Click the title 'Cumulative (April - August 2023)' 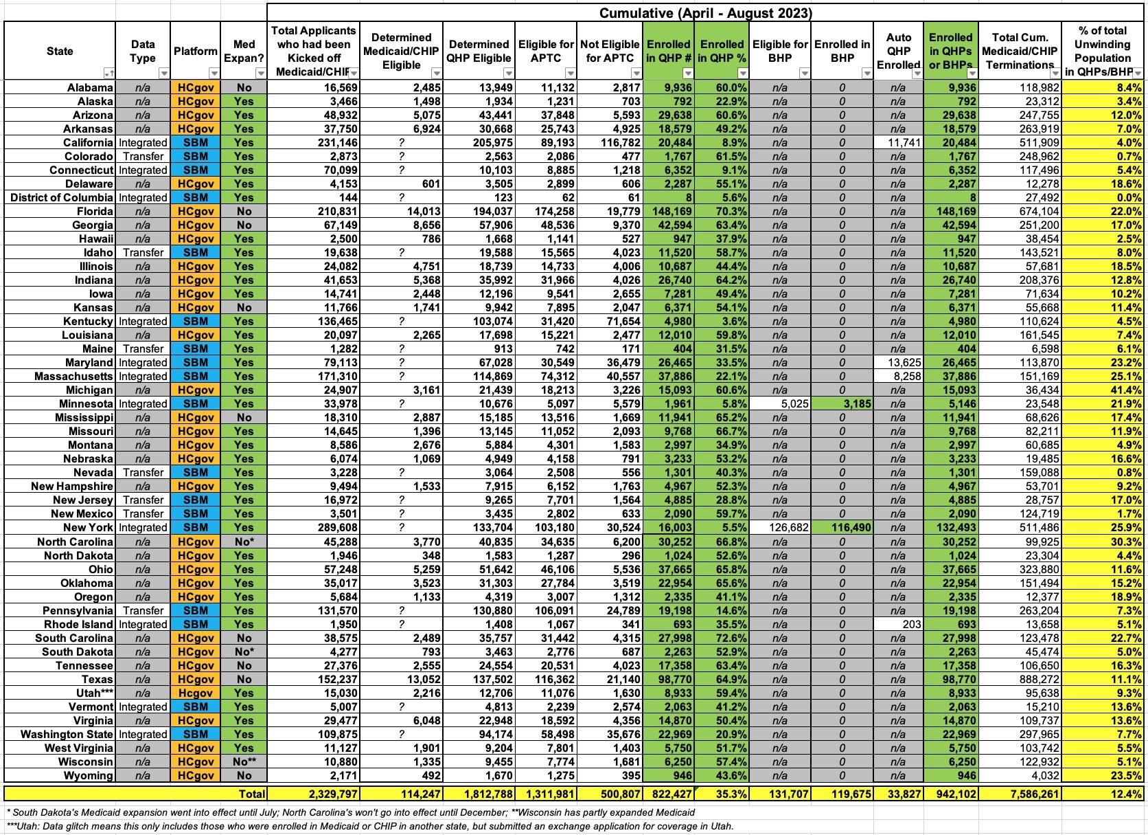click(705, 12)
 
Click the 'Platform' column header click(195, 52)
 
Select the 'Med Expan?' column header click(243, 51)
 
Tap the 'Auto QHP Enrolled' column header click(899, 51)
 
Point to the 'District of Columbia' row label click(62, 197)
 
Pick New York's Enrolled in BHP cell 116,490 click(842, 527)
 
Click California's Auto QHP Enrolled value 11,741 click(899, 142)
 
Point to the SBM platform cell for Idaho click(195, 252)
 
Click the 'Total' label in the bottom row click(251, 794)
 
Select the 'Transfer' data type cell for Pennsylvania click(143, 610)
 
